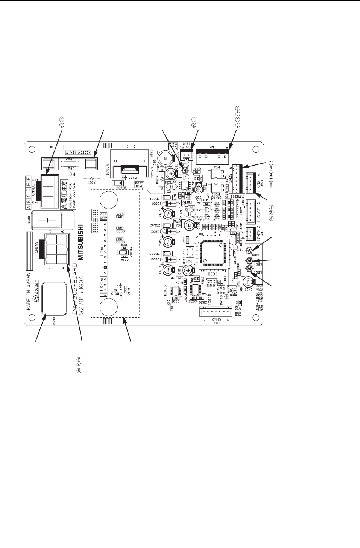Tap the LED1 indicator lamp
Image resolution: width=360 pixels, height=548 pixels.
tap(249, 260)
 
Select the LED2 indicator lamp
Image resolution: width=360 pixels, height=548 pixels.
tap(249, 268)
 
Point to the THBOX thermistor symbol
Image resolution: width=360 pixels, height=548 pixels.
tap(249, 250)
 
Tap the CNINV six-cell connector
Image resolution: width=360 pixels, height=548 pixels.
tap(56, 249)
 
